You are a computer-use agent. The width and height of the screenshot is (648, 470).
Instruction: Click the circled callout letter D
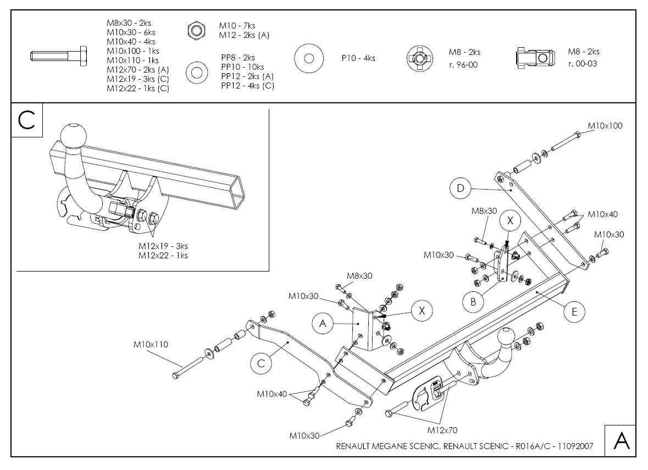click(461, 189)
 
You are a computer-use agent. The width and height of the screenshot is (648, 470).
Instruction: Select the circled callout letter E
click(574, 312)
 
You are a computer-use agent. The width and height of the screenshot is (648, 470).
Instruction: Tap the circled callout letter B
click(473, 301)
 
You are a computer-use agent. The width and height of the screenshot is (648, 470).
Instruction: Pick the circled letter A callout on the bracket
click(323, 324)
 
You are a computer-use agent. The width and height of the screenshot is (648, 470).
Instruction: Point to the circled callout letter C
click(261, 363)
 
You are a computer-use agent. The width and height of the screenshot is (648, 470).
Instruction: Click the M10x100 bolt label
click(605, 126)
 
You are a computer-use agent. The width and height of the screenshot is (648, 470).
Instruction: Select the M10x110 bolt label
click(151, 345)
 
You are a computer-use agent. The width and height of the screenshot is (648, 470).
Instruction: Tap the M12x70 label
click(442, 430)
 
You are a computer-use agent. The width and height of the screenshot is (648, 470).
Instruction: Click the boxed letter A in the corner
click(621, 441)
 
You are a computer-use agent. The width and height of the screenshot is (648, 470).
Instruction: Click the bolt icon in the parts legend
click(57, 56)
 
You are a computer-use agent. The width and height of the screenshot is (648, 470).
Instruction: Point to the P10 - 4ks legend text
click(358, 58)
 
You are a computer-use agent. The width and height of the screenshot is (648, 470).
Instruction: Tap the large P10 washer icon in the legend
click(308, 58)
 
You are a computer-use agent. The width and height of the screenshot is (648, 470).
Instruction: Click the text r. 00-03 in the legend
click(583, 63)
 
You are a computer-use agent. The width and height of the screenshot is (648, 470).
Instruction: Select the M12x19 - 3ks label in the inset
click(163, 246)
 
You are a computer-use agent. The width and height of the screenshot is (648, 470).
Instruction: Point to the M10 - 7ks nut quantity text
click(237, 26)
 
